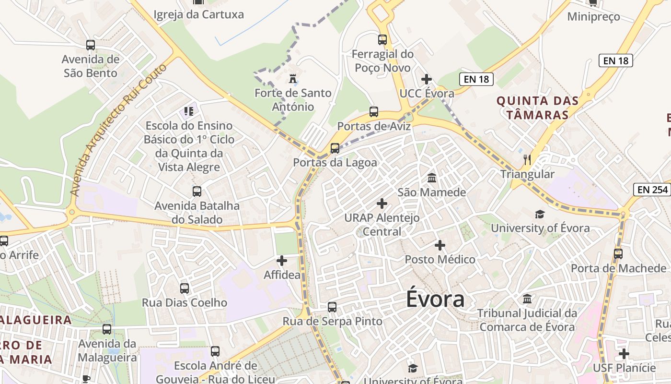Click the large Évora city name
(x=435, y=299)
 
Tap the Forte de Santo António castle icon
(x=292, y=78)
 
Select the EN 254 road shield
(x=652, y=190)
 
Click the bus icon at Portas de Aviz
(x=374, y=112)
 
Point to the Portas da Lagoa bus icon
(x=335, y=148)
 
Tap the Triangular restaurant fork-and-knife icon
(x=527, y=159)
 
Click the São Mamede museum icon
(x=432, y=178)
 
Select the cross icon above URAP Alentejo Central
(x=382, y=204)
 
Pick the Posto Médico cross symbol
(x=440, y=245)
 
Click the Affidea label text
(x=282, y=275)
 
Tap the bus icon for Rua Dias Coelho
(x=185, y=288)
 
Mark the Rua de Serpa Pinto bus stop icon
(x=332, y=307)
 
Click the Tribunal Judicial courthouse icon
(x=527, y=299)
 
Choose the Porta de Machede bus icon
(x=618, y=253)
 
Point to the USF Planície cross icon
(x=624, y=354)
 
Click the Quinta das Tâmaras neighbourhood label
(x=537, y=108)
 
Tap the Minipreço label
(x=593, y=17)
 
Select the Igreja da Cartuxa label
(x=198, y=14)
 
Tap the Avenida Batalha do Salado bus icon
(x=197, y=192)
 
